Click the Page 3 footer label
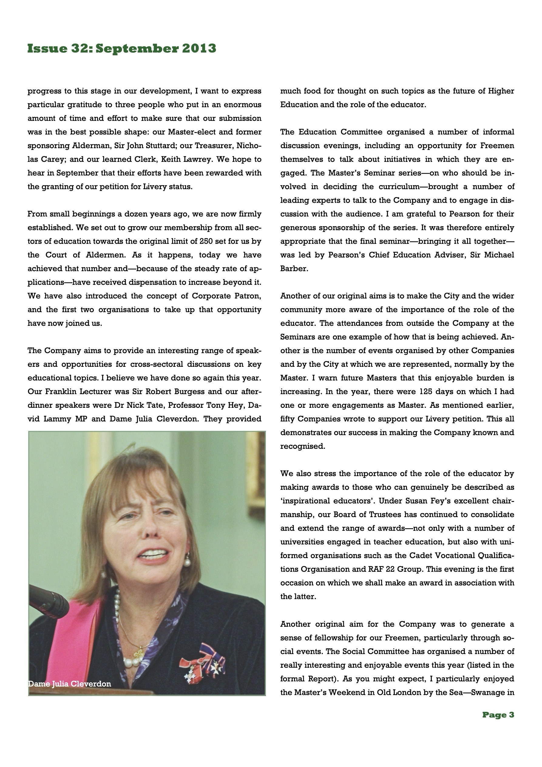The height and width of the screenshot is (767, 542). click(498, 714)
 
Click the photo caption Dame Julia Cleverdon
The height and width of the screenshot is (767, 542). click(69, 684)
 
